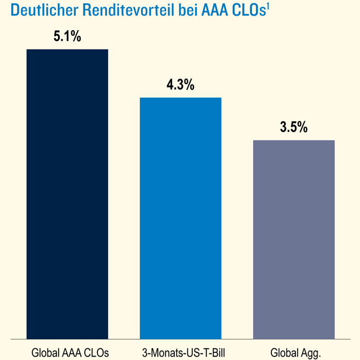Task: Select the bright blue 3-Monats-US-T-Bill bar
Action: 181,217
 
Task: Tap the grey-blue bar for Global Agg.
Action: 294,239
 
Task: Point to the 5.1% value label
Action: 67,38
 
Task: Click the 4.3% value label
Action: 181,85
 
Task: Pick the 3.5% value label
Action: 294,128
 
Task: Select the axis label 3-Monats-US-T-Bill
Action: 181,352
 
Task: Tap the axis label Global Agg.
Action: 296,352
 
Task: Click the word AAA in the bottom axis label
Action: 70,352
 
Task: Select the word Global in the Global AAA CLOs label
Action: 44,352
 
